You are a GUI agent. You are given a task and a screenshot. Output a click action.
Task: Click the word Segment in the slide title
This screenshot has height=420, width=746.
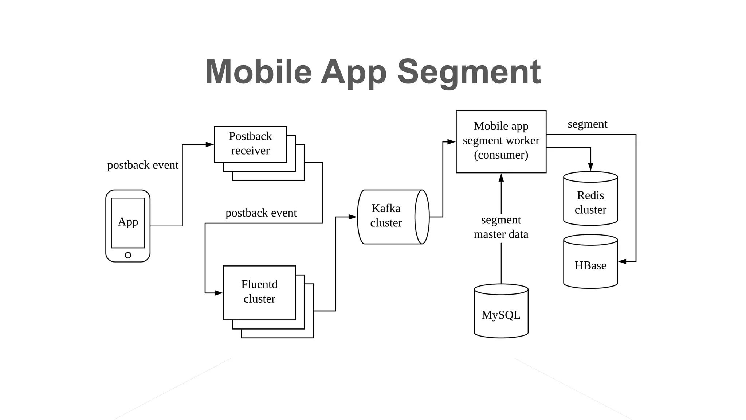click(x=469, y=72)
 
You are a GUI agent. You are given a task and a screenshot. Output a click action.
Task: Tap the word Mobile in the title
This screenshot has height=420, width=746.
click(x=259, y=72)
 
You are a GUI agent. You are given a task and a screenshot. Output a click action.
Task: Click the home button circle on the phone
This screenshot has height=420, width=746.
click(x=128, y=255)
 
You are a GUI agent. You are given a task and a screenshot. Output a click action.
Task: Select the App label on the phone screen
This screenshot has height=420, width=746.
click(x=128, y=222)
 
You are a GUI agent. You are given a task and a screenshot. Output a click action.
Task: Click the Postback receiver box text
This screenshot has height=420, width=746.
click(x=250, y=143)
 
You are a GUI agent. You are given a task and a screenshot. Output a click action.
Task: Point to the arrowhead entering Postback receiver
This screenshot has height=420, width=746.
click(x=210, y=144)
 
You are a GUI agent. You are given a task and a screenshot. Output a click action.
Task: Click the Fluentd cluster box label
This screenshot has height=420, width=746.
click(x=259, y=291)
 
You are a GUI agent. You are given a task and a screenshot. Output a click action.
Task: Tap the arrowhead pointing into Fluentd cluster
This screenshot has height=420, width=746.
click(x=219, y=293)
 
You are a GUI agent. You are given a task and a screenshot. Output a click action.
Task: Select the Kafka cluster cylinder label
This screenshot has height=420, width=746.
click(x=386, y=215)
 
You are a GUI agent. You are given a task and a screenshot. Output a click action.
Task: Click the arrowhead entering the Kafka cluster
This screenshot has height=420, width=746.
click(x=352, y=217)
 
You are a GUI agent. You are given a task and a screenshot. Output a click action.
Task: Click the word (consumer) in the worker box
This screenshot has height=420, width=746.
click(x=501, y=155)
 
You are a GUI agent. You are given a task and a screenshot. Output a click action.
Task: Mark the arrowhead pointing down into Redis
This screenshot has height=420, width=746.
click(x=590, y=167)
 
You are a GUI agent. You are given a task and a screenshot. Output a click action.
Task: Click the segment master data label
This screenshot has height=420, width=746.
click(x=501, y=227)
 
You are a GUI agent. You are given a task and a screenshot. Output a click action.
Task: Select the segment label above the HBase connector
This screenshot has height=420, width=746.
click(x=587, y=124)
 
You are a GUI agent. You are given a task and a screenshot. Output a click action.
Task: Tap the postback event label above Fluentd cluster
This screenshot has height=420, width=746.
click(x=261, y=213)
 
